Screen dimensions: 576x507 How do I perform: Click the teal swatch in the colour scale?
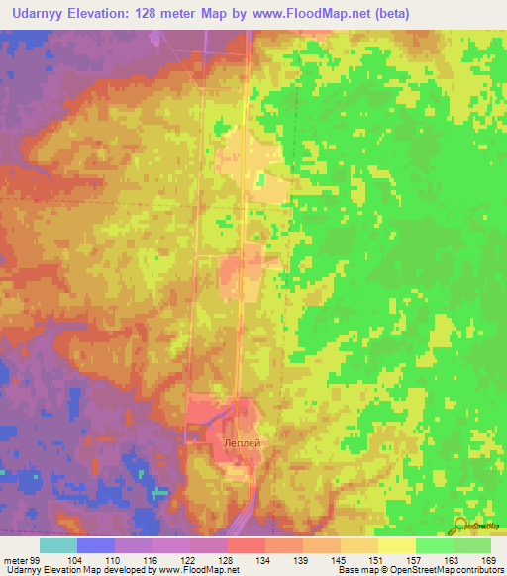coord(57,545)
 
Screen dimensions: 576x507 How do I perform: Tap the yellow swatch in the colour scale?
coord(397,545)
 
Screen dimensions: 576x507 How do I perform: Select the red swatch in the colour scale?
coord(246,545)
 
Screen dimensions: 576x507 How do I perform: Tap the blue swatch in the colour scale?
coord(95,545)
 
